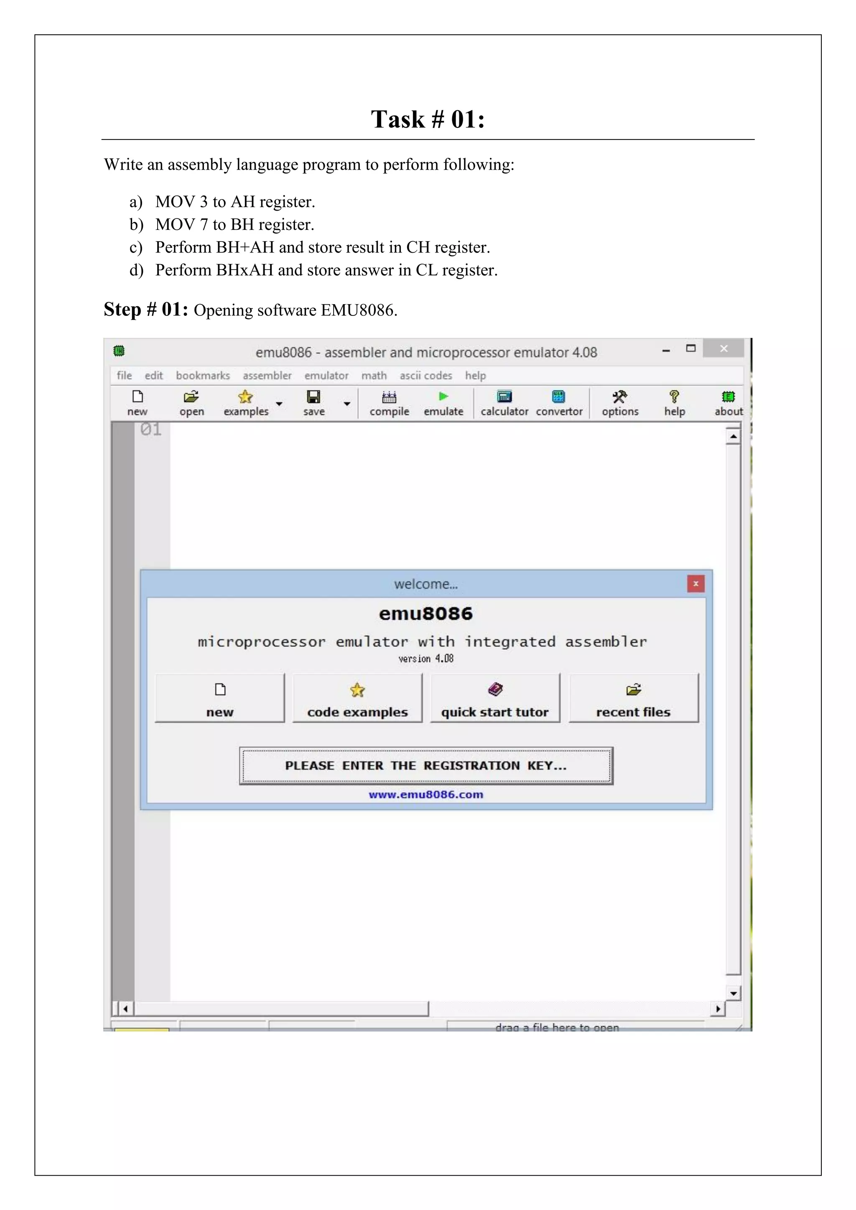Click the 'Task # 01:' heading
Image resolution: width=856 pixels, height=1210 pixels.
pos(428,119)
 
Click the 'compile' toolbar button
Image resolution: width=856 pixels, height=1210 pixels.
pos(389,403)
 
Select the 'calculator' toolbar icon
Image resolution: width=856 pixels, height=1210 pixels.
pos(504,403)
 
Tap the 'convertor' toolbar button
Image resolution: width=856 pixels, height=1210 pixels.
pos(559,403)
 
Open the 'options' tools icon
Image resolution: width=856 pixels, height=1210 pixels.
pos(620,403)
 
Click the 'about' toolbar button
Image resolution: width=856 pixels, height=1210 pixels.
pos(729,403)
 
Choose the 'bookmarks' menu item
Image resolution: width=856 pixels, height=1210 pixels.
pos(203,375)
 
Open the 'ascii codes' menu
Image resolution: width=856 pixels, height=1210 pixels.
pos(425,375)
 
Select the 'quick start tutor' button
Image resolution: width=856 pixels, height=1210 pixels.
pos(495,698)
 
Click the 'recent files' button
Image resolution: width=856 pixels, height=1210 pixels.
pos(633,698)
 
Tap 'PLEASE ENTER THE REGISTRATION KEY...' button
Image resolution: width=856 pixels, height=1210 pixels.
pos(426,765)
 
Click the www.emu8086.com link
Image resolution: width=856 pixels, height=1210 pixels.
pos(426,794)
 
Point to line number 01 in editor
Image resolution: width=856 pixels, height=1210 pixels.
pos(151,430)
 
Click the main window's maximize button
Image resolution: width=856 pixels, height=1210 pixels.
pos(690,348)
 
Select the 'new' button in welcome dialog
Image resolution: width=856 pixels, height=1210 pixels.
pos(220,698)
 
